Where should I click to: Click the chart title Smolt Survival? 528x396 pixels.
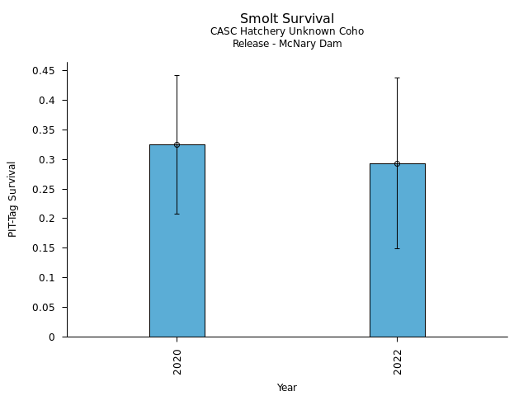[x=286, y=19]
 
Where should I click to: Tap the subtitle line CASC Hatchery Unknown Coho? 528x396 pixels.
[x=286, y=31]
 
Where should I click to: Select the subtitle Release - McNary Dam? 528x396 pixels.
[x=286, y=44]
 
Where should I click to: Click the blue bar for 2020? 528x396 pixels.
[x=177, y=247]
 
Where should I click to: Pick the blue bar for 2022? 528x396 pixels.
[x=397, y=256]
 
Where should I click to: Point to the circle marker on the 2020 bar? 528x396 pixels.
[x=177, y=144]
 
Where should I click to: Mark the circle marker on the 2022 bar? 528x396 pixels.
[x=397, y=163]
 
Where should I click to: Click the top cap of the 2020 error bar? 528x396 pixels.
[x=177, y=75]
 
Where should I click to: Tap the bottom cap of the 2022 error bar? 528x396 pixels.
[x=397, y=248]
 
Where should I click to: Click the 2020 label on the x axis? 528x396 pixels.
[x=177, y=361]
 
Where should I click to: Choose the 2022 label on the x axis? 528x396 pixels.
[x=398, y=361]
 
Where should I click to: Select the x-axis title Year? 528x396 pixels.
[x=286, y=388]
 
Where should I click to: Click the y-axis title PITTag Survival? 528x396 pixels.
[x=12, y=199]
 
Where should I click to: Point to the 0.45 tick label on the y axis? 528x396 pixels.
[x=45, y=71]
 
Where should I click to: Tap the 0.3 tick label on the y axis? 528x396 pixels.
[x=48, y=159]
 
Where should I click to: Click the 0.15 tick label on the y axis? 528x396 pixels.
[x=45, y=248]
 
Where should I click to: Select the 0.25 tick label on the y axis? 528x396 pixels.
[x=45, y=189]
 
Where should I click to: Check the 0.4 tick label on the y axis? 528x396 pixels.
[x=48, y=101]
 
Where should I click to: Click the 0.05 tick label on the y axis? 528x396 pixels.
[x=45, y=307]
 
